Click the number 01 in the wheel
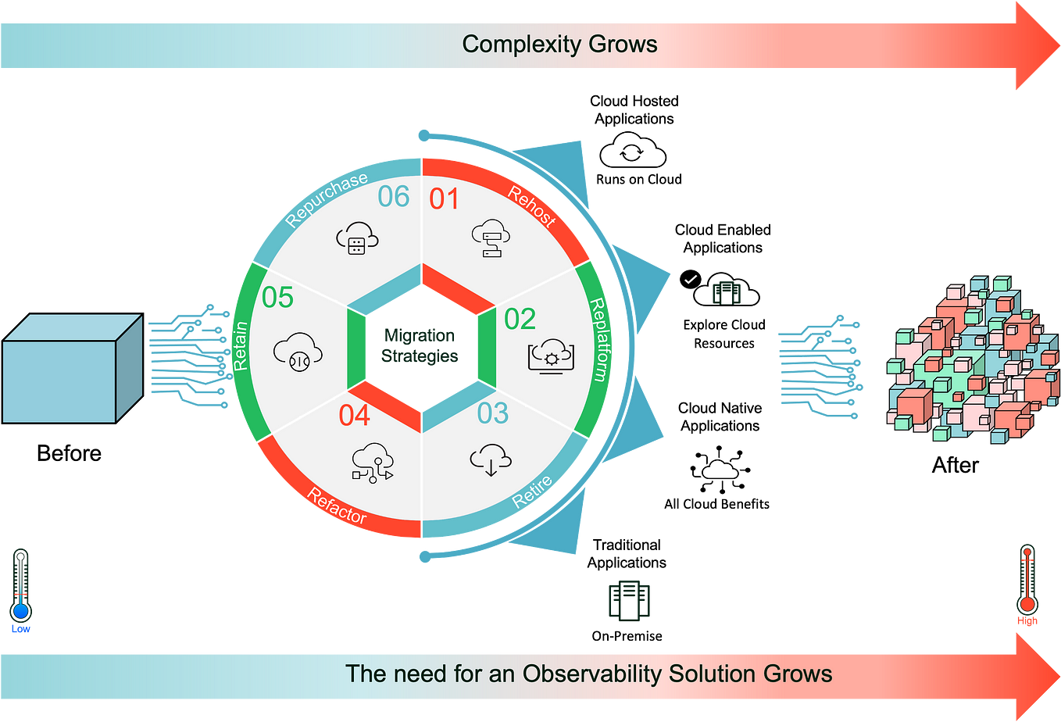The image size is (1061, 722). pyautogui.click(x=444, y=199)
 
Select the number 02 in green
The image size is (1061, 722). pyautogui.click(x=520, y=320)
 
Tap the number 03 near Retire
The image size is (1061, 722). pyautogui.click(x=492, y=413)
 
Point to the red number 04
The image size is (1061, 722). pyautogui.click(x=354, y=416)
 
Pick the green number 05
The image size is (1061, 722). pyautogui.click(x=277, y=298)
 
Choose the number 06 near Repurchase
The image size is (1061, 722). pyautogui.click(x=393, y=197)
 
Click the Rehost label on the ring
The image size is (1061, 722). pyautogui.click(x=532, y=206)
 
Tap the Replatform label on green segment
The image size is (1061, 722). pyautogui.click(x=598, y=339)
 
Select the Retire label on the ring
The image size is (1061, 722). pyautogui.click(x=532, y=491)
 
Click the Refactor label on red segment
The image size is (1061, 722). pyautogui.click(x=337, y=506)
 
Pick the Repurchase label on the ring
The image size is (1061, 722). pyautogui.click(x=326, y=200)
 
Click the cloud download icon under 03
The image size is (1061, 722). pyautogui.click(x=491, y=459)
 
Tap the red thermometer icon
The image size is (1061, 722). pyautogui.click(x=1027, y=582)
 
